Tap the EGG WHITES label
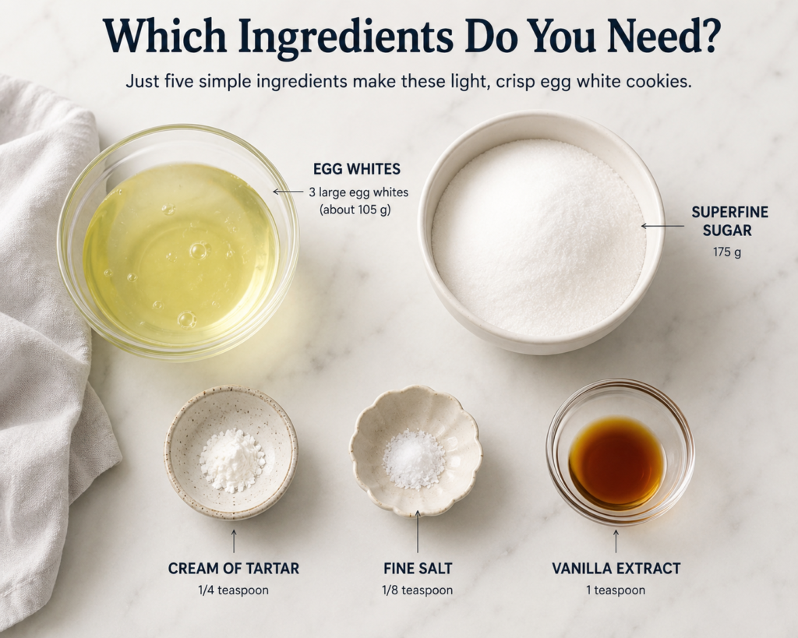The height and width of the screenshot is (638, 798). (357, 169)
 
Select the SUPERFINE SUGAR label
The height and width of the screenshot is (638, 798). (729, 220)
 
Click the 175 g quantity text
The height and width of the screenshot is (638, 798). (727, 252)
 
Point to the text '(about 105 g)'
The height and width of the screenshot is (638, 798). (355, 210)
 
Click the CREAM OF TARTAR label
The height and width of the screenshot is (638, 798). (234, 569)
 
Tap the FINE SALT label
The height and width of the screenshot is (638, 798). (418, 569)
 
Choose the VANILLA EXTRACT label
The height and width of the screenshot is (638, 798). (616, 569)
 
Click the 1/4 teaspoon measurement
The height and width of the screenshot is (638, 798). (234, 590)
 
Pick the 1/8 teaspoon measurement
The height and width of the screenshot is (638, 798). (418, 590)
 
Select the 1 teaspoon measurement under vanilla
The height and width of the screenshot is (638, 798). (616, 590)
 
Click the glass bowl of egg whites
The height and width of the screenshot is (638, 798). (178, 243)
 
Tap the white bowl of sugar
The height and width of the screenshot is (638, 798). (541, 232)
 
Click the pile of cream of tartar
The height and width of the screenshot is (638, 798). (232, 460)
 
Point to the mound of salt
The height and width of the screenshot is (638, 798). (414, 459)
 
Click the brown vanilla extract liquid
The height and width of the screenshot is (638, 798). (617, 463)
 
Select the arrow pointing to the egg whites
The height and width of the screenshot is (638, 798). (288, 192)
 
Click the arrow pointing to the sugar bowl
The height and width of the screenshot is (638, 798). (662, 226)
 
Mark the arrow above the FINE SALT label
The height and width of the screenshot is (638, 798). (418, 531)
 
